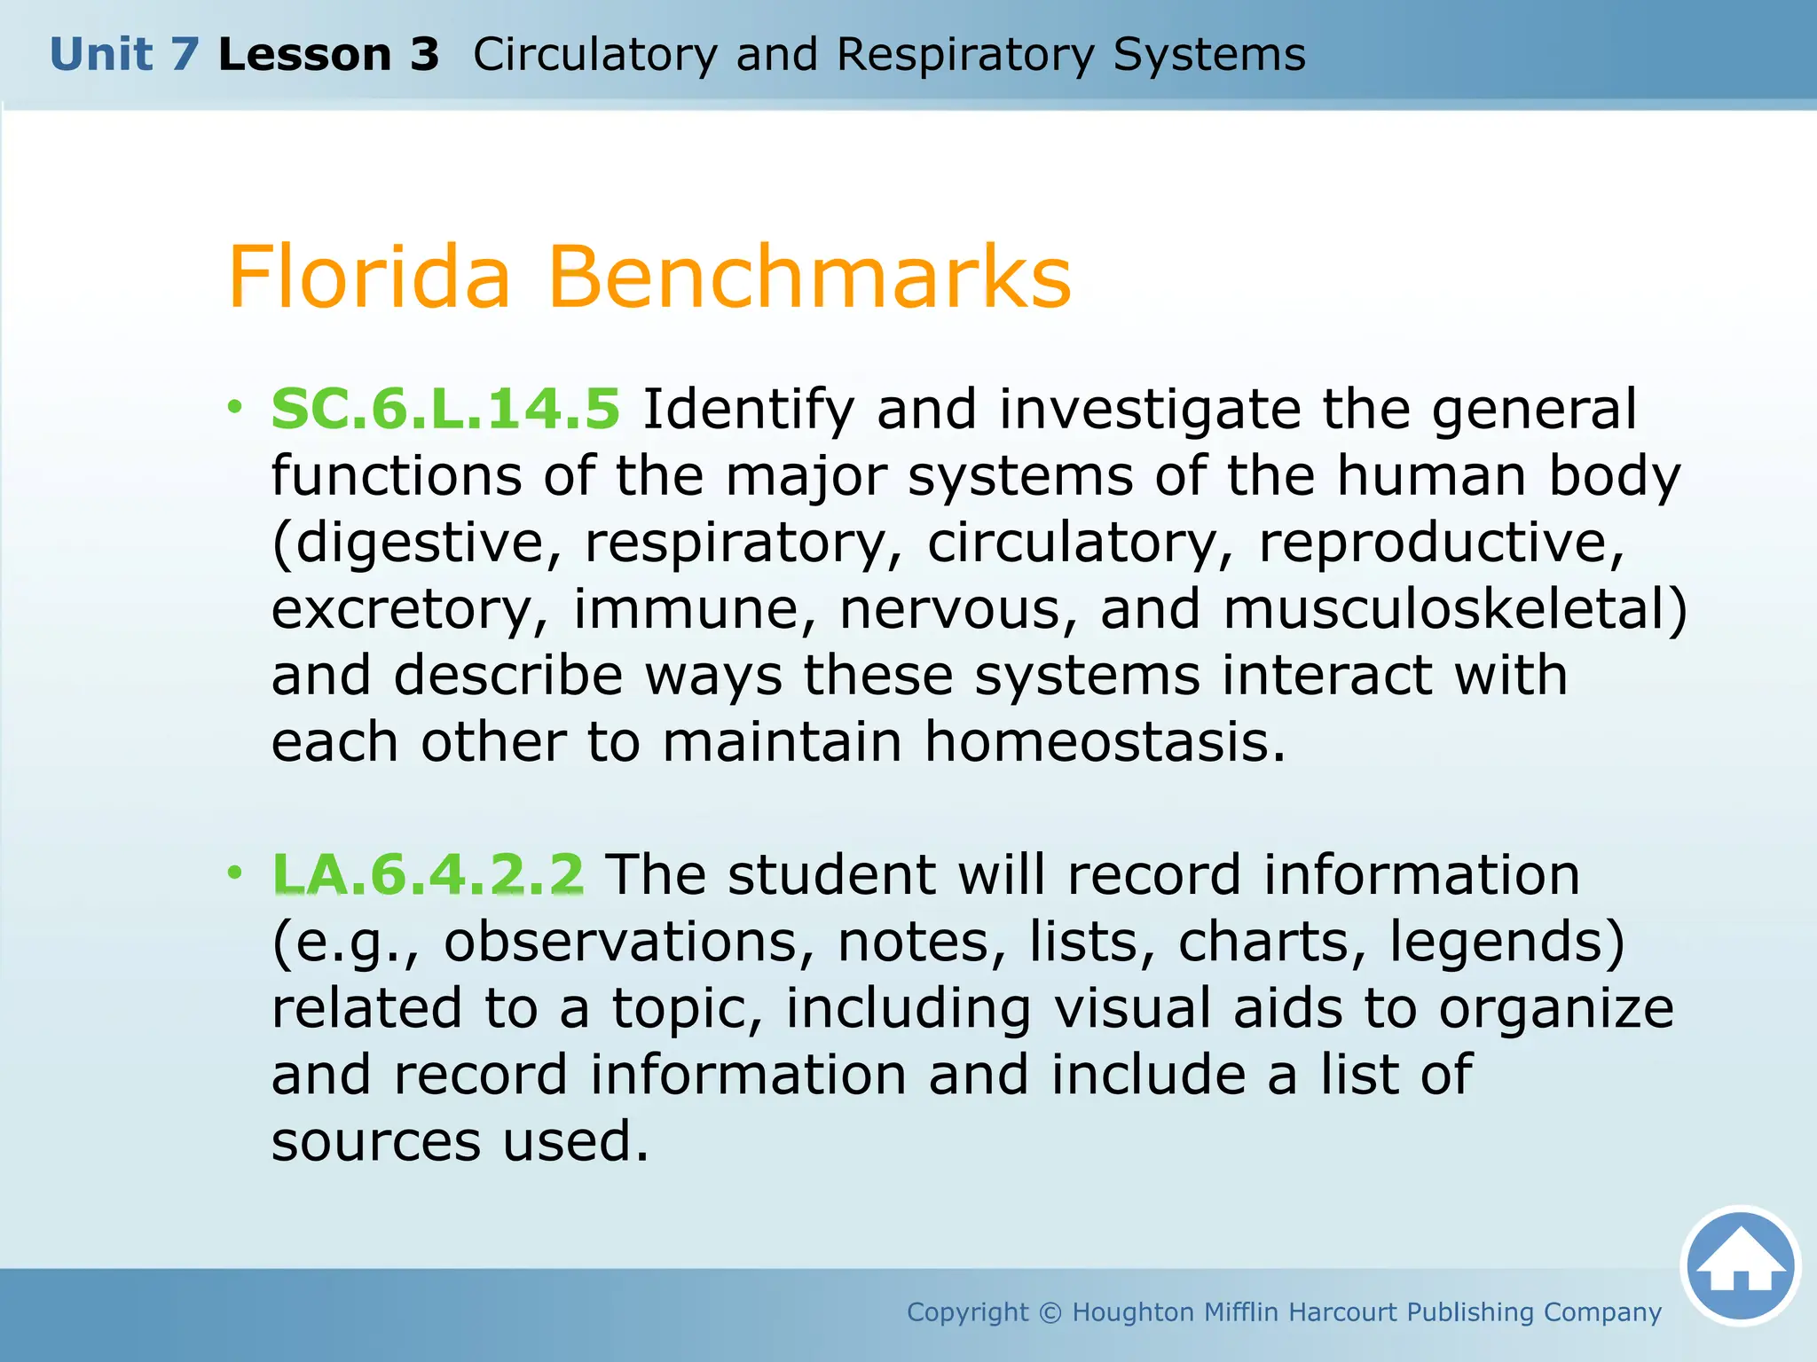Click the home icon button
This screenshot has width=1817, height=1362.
click(1740, 1265)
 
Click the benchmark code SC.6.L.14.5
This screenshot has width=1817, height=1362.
click(445, 410)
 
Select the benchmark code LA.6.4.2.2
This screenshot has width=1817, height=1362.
click(428, 874)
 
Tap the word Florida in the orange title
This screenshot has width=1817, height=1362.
click(370, 278)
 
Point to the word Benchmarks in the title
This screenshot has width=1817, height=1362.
click(809, 278)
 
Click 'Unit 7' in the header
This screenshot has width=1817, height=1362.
click(124, 55)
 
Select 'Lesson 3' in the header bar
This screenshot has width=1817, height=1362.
click(328, 55)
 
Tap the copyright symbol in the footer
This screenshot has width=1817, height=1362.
click(1050, 1312)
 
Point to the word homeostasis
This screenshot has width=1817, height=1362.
click(1105, 742)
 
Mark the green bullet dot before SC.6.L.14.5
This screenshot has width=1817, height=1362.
click(234, 408)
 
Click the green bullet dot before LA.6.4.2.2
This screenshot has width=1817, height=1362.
click(234, 873)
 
